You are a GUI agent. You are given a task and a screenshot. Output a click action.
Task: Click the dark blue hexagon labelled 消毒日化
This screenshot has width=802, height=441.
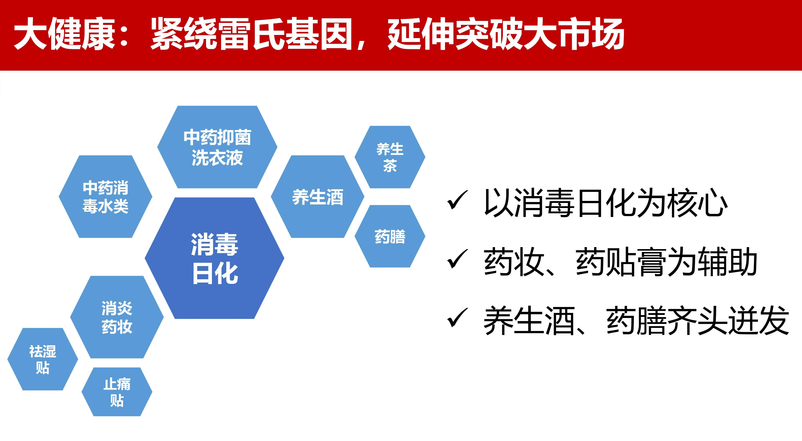(215, 258)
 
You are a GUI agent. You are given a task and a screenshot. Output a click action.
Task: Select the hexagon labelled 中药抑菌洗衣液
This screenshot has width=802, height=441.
(217, 147)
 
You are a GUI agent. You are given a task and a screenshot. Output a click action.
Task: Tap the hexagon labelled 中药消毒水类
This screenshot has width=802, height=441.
(106, 197)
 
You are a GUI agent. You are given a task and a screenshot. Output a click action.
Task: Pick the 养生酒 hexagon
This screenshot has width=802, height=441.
(317, 197)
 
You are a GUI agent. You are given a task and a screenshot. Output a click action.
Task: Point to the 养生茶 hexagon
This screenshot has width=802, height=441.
(390, 157)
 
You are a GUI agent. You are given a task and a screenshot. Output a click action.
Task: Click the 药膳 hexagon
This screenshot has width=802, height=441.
(390, 236)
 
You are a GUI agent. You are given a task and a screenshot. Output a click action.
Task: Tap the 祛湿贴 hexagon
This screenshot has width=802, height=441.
(43, 359)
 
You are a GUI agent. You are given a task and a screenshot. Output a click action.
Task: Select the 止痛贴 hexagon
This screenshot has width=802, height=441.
(117, 392)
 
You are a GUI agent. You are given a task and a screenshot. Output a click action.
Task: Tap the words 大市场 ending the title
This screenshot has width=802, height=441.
(574, 33)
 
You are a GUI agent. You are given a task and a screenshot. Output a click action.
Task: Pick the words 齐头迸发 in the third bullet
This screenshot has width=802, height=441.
(729, 320)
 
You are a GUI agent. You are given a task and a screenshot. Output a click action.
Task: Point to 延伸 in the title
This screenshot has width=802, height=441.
(421, 33)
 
